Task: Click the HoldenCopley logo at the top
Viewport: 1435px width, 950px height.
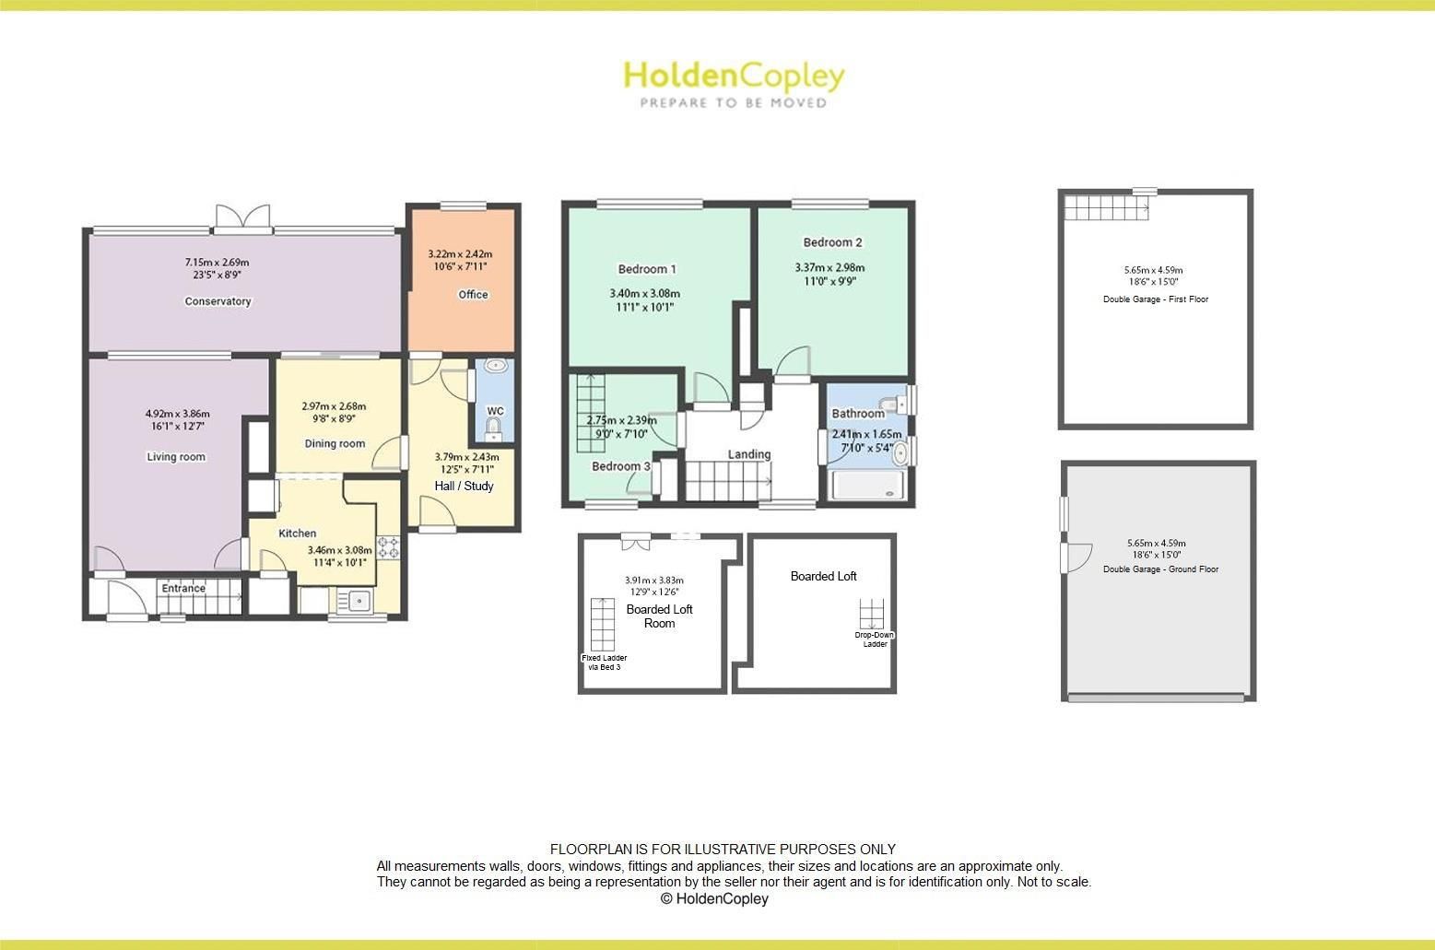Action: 734,83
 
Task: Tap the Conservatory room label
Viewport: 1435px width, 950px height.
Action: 218,301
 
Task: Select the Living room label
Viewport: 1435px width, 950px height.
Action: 176,457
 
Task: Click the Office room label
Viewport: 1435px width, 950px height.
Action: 473,295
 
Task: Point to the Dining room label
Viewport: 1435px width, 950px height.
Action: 335,444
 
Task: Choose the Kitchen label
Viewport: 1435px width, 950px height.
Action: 298,534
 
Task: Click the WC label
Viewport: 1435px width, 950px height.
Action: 495,411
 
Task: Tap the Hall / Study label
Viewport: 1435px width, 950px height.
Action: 464,486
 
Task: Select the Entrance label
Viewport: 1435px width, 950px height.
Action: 183,588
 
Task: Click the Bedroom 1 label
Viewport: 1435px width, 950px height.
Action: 647,269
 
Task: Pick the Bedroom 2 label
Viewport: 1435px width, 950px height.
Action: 832,242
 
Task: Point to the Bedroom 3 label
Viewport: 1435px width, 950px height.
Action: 620,466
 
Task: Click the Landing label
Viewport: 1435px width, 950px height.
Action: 749,454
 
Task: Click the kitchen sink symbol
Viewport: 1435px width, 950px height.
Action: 354,602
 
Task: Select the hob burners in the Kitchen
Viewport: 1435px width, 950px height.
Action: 388,547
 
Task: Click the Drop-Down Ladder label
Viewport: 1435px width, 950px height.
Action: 875,639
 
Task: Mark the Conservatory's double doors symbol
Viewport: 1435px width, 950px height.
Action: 243,217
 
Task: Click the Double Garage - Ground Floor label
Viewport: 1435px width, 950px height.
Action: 1160,569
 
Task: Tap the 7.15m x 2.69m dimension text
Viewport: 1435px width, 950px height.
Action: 217,263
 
